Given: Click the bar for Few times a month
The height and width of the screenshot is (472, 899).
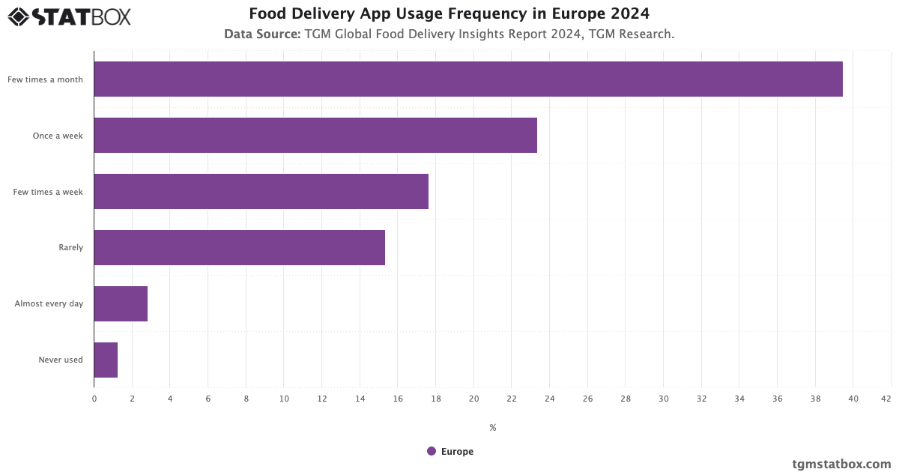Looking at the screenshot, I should click(x=468, y=79).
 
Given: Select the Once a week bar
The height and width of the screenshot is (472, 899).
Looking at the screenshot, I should click(x=315, y=135).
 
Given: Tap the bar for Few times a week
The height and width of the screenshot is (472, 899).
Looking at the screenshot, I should click(x=261, y=191).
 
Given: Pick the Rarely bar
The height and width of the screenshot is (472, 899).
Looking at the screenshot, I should click(x=239, y=247).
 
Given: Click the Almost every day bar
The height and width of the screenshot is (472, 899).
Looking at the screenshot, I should click(x=121, y=303).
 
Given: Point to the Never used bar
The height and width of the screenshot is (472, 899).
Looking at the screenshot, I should click(x=106, y=360).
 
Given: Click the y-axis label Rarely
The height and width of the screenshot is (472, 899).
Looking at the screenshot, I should click(x=70, y=247).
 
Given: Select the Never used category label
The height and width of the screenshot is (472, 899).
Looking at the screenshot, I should click(x=60, y=360).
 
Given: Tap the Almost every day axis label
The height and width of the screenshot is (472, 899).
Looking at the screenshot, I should click(x=49, y=303).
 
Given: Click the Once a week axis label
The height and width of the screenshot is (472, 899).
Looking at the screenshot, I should click(x=58, y=136).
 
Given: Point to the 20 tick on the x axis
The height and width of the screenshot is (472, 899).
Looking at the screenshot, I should click(x=473, y=399).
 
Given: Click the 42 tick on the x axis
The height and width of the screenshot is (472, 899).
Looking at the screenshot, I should click(x=886, y=399).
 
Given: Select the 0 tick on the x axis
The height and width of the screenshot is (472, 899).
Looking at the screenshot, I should click(x=94, y=399).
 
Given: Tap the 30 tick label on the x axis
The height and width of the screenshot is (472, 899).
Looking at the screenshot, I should click(x=663, y=399).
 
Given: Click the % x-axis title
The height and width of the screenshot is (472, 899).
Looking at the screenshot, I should click(x=492, y=428).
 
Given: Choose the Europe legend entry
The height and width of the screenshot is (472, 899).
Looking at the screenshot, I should click(x=450, y=451).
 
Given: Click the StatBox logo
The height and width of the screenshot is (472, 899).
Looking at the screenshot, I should click(x=70, y=16).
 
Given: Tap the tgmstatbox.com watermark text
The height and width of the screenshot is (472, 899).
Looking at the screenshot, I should click(x=841, y=464).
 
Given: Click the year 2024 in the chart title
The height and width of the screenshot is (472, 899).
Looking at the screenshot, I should click(x=631, y=13).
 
